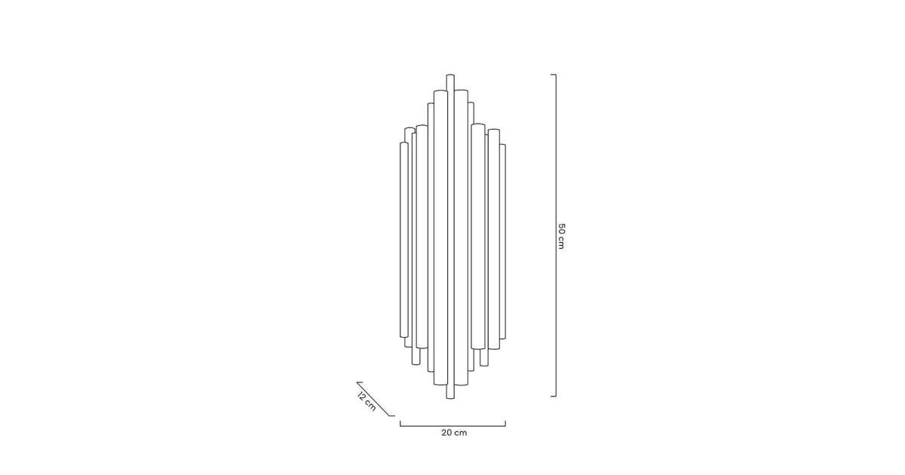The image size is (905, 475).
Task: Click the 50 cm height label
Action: (561, 236)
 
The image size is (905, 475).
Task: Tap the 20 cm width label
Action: (454, 433)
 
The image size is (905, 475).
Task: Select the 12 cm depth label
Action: (367, 401)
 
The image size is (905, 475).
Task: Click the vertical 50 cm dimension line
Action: (556, 235)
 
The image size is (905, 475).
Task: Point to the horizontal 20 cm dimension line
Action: (453, 426)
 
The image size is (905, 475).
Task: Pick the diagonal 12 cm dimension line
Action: (376, 399)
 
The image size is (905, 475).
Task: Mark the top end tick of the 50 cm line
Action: (554, 75)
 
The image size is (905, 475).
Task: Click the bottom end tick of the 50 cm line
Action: (554, 397)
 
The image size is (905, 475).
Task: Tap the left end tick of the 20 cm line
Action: (400, 423)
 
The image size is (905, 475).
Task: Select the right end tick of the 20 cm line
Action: (505, 423)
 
